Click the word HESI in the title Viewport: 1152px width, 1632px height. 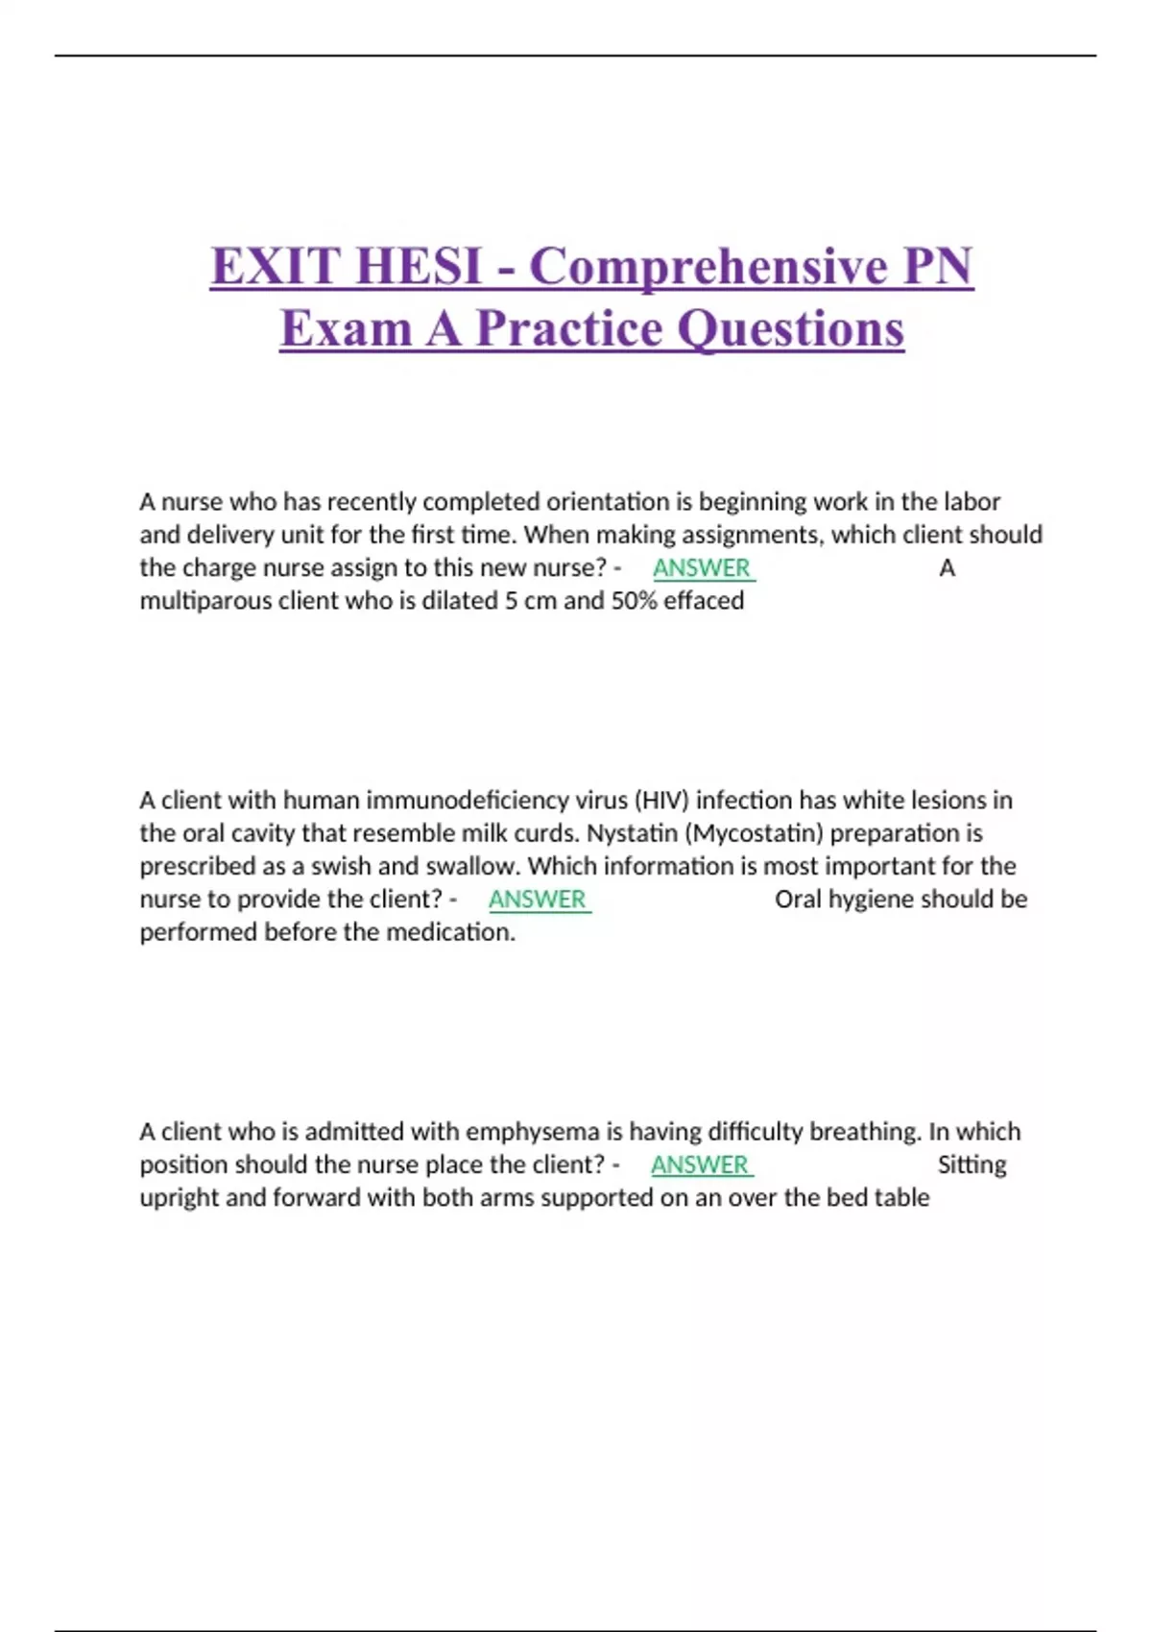click(418, 266)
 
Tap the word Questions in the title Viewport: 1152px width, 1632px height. click(790, 328)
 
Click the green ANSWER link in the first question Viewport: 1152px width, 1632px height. click(702, 567)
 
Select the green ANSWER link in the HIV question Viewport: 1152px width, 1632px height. click(538, 899)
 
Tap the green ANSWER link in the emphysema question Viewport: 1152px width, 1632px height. click(700, 1164)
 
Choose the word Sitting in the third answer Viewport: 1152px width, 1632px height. click(972, 1164)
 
